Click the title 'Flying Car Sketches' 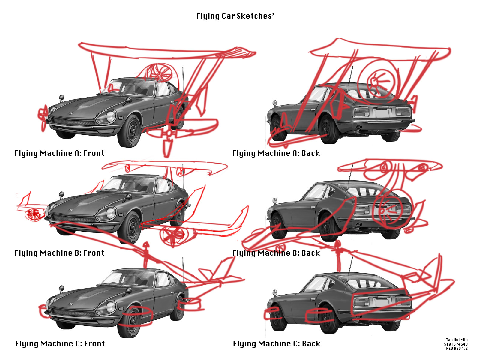pos(235,16)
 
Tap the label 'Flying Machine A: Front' pos(59,153)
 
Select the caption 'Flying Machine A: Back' pos(276,153)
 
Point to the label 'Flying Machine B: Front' pos(59,253)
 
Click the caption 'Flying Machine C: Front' pos(60,344)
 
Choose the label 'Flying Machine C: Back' pos(277,344)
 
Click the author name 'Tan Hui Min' pos(457,340)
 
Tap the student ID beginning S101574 pos(456,344)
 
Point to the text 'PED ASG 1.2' pos(457,348)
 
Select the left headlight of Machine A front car pos(110,116)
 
